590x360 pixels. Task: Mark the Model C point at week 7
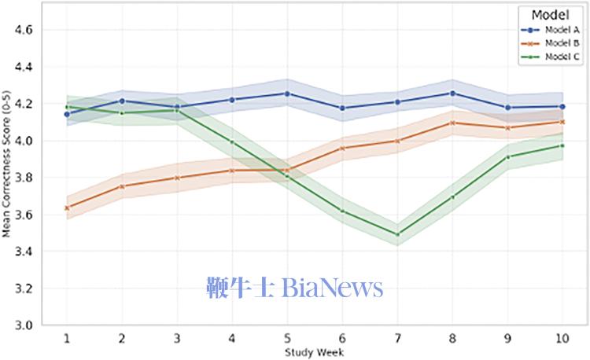pos(396,234)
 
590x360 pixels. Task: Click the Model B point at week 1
pos(67,208)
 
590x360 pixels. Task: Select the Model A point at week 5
pos(286,94)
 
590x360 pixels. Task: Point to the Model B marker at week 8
pos(452,123)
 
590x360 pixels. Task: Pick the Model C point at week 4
pos(231,142)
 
